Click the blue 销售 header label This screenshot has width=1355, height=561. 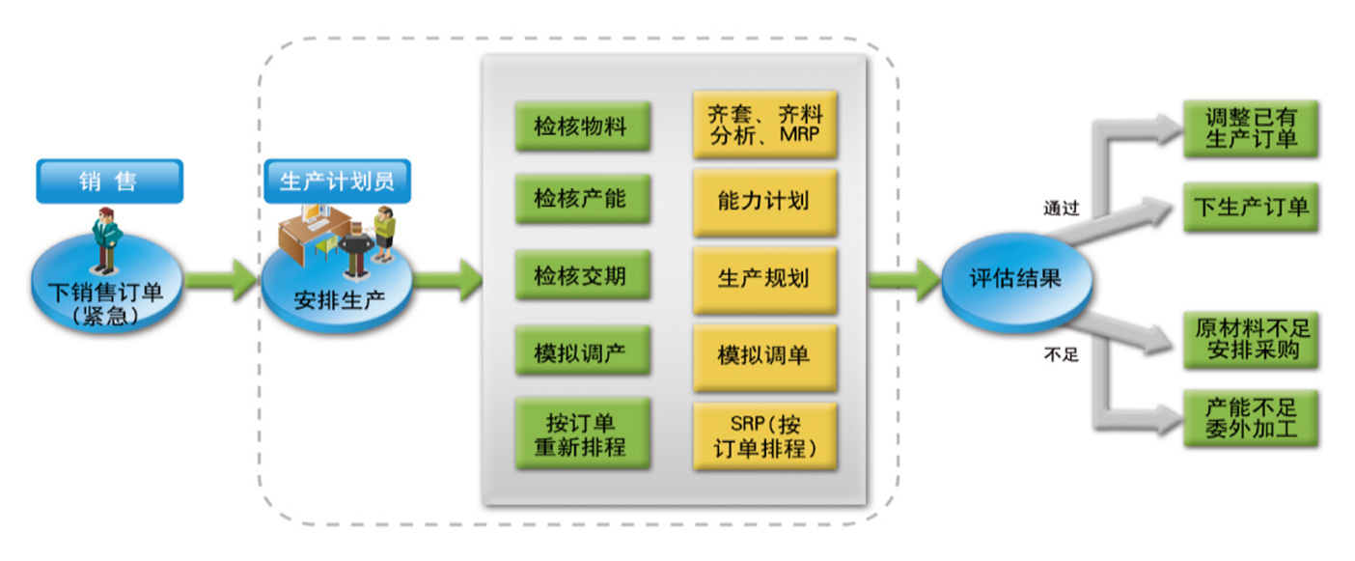[108, 182]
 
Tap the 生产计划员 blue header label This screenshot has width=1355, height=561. [337, 182]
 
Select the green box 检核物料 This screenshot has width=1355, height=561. [582, 127]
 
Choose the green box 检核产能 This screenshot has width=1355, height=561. [582, 199]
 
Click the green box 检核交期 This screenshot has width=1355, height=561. [582, 277]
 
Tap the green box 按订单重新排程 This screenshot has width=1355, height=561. [582, 435]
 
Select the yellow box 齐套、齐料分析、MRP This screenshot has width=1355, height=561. [764, 126]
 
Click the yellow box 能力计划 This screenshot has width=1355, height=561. [764, 202]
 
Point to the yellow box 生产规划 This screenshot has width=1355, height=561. [764, 279]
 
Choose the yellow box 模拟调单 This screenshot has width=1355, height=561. [764, 355]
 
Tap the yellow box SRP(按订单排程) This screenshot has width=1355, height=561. [764, 435]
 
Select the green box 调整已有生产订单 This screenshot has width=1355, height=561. [1251, 128]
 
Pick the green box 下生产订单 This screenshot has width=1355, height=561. [1251, 206]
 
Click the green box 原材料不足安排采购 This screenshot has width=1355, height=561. [1251, 339]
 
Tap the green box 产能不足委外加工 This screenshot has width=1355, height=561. [1251, 417]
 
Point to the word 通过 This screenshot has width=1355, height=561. [1061, 209]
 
